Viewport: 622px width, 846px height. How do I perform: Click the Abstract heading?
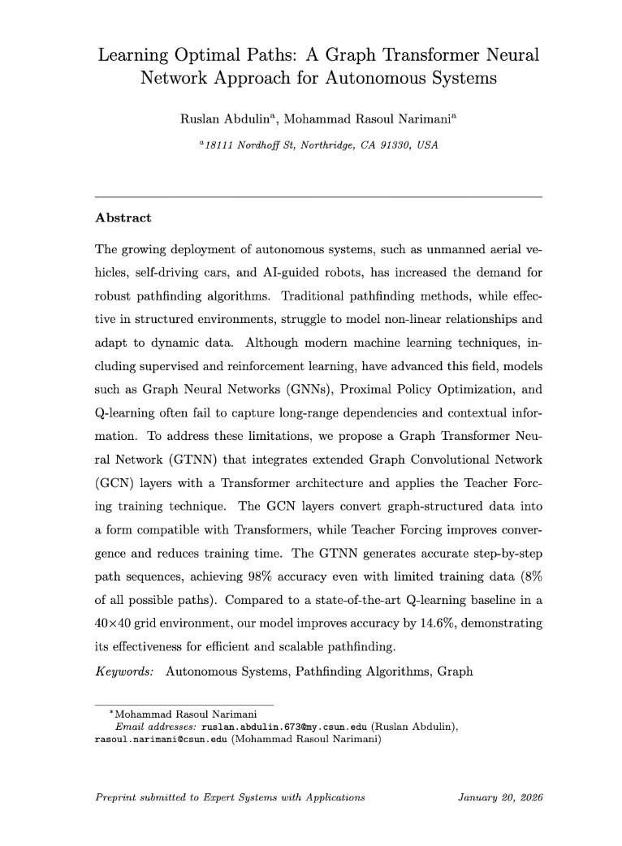point(123,218)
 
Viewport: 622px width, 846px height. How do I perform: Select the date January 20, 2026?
point(499,797)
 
